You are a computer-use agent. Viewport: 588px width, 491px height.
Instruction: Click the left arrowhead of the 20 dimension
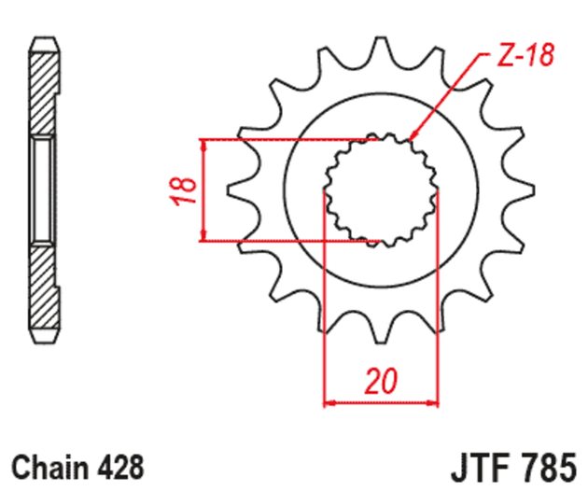330,404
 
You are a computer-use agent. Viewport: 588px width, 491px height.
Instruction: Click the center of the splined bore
381,190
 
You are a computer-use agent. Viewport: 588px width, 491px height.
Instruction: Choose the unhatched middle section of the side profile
42,190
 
